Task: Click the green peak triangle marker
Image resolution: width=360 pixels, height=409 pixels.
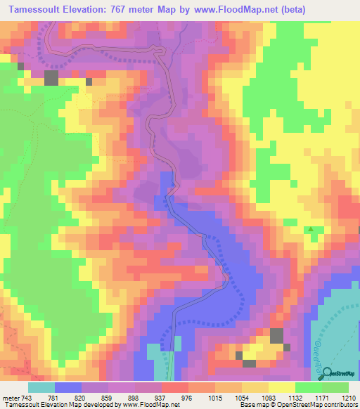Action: point(310,230)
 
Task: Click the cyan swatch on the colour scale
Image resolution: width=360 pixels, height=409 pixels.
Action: point(41,387)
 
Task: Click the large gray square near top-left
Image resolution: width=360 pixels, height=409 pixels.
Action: point(51,77)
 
